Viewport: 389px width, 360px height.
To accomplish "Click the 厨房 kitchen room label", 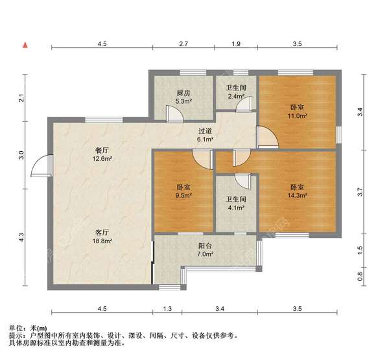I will coord(183,93).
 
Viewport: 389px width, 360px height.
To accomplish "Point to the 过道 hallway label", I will coord(205,130).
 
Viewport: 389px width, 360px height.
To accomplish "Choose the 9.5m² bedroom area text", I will coord(183,195).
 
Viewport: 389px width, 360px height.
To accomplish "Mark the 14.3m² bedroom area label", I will coord(298,195).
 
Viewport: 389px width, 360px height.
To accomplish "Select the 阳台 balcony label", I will coord(205,246).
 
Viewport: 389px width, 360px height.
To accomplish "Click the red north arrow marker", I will coord(25,44).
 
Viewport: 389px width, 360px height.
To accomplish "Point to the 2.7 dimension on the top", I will coord(183,43).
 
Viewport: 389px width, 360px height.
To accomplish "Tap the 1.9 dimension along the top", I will coord(236,43).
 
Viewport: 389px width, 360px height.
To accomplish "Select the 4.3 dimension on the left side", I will coord(21,238).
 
